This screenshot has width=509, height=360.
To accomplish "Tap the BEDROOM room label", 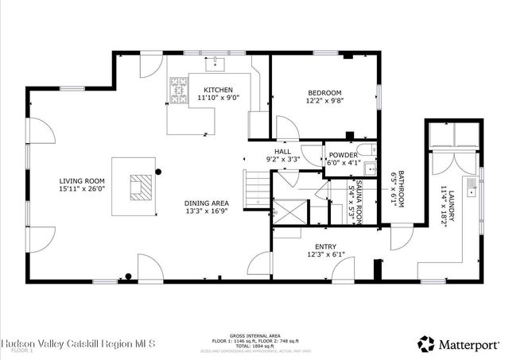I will point(324,92).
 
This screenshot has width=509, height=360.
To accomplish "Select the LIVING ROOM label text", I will point(81,181).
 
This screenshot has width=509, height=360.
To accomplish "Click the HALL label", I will point(282,151).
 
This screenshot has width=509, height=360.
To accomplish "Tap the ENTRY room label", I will point(325,246).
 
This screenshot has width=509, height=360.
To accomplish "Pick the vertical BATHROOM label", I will point(402,192).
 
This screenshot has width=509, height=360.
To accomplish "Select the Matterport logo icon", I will point(427,343).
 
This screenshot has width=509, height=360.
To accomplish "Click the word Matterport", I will point(469,343).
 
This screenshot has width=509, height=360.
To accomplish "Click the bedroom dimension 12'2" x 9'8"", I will point(324,101).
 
